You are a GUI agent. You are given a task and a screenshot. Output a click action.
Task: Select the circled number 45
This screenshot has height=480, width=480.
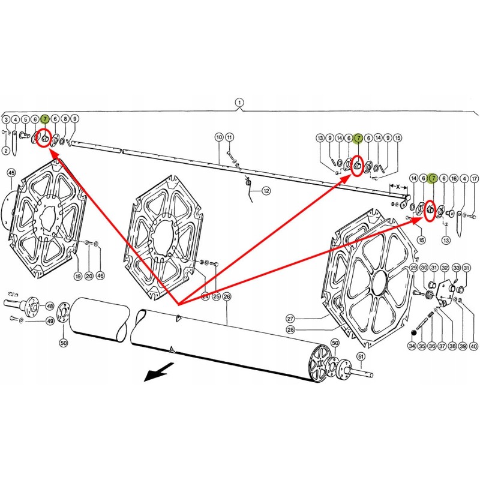10,173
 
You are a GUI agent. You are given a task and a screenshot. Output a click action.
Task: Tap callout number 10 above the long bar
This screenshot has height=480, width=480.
219,137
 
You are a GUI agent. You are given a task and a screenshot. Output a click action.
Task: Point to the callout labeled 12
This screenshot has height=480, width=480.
266,191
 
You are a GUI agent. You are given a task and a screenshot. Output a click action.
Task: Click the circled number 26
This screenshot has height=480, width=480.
226,296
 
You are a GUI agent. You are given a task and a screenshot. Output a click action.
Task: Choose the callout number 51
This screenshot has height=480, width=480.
361,356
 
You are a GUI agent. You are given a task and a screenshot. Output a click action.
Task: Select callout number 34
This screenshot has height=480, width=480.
412,346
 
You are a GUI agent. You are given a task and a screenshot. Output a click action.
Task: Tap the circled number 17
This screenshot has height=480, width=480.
474,178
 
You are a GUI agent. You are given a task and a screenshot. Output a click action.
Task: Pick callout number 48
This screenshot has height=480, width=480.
49,306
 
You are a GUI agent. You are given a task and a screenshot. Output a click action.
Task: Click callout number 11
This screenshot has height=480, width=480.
230,137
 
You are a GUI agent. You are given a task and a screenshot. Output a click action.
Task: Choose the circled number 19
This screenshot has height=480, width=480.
77,276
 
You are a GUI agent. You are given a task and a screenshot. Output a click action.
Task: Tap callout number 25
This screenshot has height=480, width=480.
215,296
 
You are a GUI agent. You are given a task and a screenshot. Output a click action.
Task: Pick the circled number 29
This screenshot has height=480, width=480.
413,268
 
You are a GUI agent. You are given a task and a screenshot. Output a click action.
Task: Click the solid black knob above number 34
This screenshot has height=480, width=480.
413,333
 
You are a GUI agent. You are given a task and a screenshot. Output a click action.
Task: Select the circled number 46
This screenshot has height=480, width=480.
100,276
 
